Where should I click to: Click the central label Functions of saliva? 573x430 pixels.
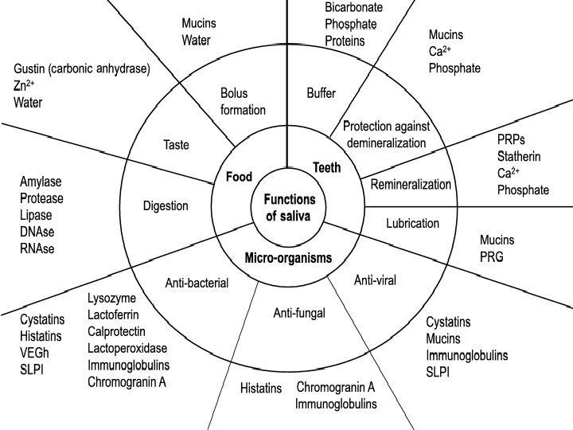point(289,207)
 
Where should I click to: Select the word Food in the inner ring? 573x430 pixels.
point(238,177)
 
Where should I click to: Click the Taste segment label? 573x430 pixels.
point(176,144)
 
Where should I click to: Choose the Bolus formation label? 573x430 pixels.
point(243,101)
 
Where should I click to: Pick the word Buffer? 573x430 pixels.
point(321,93)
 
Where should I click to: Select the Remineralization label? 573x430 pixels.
point(411,185)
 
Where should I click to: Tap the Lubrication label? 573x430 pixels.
point(412,224)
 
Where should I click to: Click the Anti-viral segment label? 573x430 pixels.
point(375,279)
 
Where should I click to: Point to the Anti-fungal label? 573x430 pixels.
point(298,313)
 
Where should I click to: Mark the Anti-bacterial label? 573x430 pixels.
point(197,283)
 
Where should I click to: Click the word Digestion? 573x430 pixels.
point(166,206)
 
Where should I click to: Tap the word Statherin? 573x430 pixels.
point(518,157)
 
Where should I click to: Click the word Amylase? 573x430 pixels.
point(41,182)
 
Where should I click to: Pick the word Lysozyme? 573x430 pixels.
point(111,298)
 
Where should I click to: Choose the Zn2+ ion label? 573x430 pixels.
point(24,85)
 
